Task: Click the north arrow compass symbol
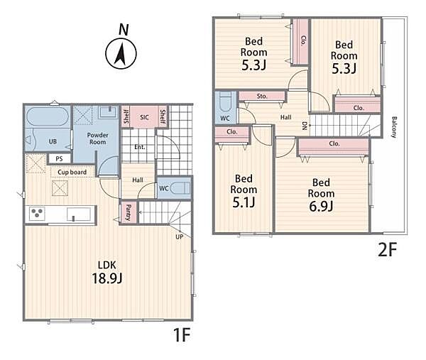121,53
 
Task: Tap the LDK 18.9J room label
107,272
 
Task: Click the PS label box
59,158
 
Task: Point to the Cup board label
72,172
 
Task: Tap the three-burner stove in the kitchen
37,213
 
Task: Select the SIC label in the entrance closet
144,117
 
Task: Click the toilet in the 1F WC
180,187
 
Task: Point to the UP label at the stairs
179,236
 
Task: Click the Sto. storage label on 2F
262,96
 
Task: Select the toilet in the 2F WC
225,102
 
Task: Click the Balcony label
394,127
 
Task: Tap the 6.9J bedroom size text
321,207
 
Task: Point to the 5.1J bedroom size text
244,202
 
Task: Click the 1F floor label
182,335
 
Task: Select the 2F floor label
388,250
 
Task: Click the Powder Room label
97,138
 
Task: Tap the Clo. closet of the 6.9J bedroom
334,147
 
